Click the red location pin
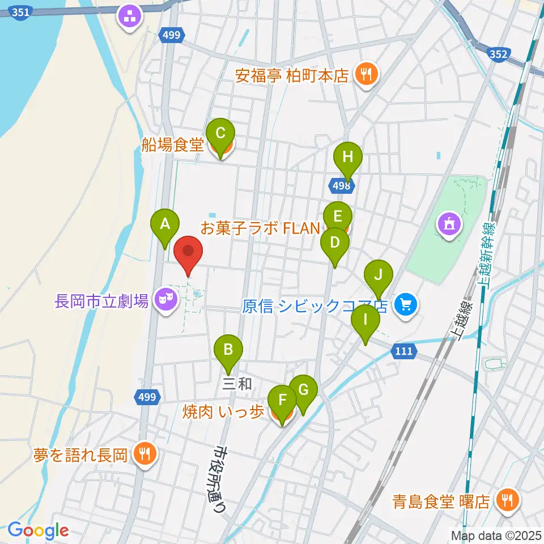coord(188,254)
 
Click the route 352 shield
coord(497,54)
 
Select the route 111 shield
coord(403,351)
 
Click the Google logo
coord(38,530)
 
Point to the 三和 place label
coord(237,384)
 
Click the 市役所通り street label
coord(219,479)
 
